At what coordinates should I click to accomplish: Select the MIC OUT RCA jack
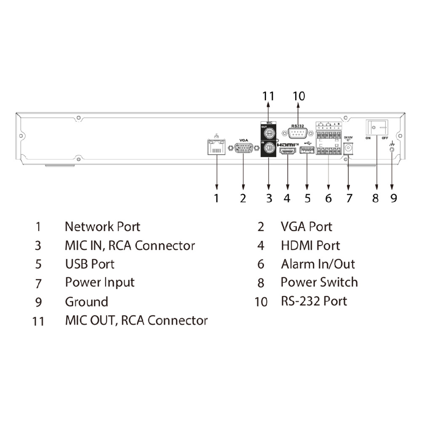click(x=269, y=133)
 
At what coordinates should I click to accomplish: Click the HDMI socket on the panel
click(x=288, y=151)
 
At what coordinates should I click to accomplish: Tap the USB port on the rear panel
click(x=307, y=151)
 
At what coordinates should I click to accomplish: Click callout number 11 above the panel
click(x=268, y=96)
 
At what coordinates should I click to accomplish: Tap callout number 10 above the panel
click(x=298, y=96)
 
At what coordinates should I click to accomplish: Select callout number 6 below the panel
click(x=328, y=198)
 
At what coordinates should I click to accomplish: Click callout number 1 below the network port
click(x=216, y=198)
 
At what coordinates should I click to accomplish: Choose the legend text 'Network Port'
click(x=102, y=226)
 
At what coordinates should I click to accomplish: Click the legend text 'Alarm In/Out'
click(x=318, y=264)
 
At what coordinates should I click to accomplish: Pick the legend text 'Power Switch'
click(x=319, y=282)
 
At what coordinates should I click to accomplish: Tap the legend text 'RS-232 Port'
click(x=314, y=301)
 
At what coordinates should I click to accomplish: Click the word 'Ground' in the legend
click(x=86, y=302)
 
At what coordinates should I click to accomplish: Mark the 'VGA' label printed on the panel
click(x=244, y=140)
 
